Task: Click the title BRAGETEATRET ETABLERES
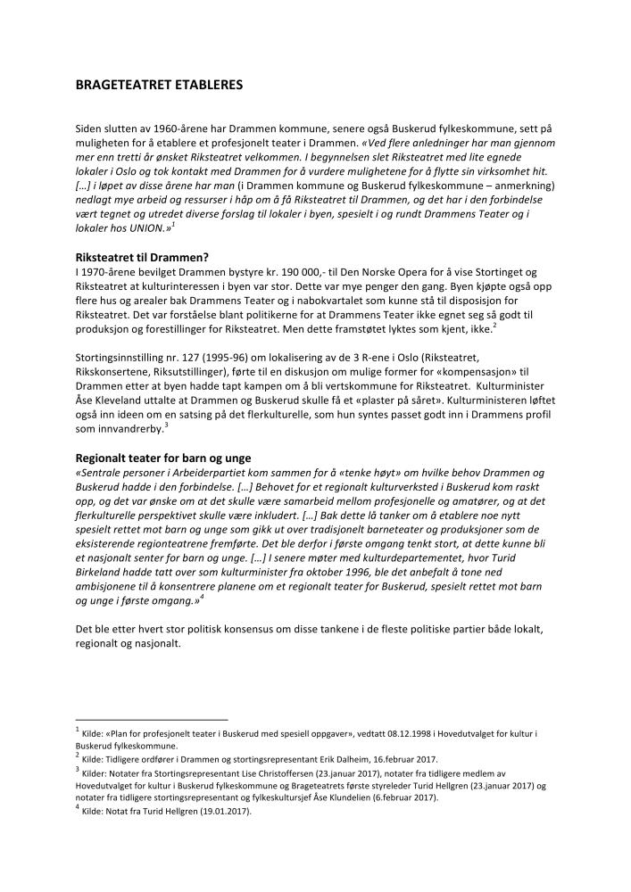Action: (x=159, y=86)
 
